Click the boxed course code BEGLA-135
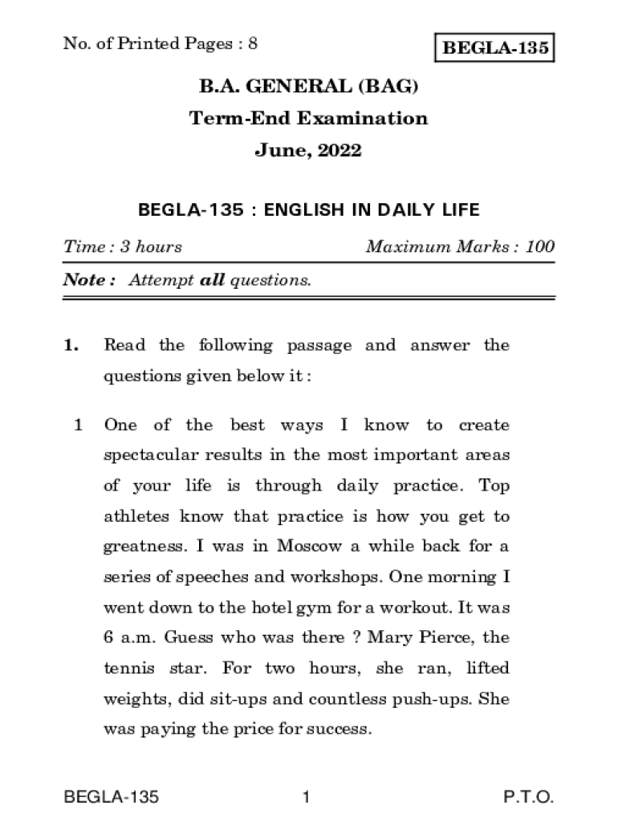[x=494, y=49]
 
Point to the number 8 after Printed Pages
[x=253, y=43]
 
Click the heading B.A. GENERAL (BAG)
[x=308, y=87]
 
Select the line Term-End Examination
[x=308, y=119]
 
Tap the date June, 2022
[x=308, y=150]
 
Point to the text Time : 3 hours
[x=123, y=246]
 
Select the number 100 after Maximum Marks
[x=540, y=246]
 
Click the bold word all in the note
[x=212, y=280]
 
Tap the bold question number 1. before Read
[x=71, y=346]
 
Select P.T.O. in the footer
[x=528, y=797]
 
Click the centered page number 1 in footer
[x=306, y=797]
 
